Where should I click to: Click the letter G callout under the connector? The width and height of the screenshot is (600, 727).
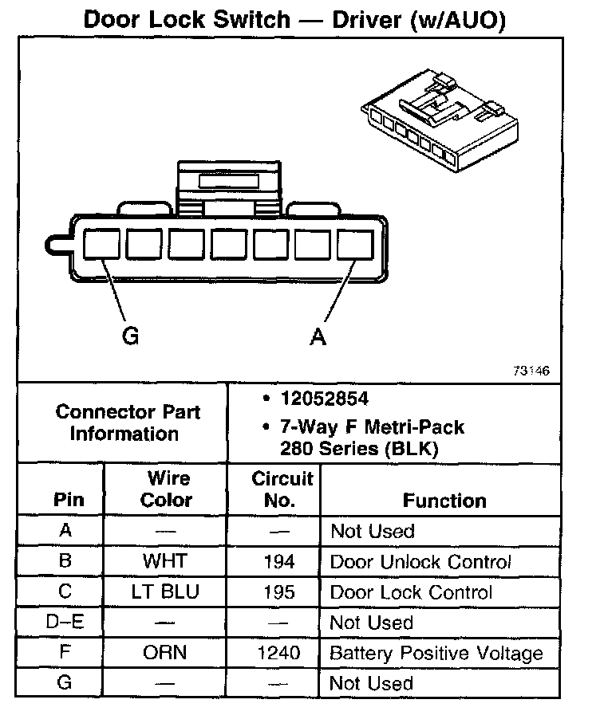130,336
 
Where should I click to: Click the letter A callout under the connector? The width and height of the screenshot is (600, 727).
318,337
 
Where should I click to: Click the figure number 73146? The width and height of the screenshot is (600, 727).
531,372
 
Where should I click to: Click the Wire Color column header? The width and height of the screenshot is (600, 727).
167,489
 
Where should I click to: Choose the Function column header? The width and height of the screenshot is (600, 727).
444,501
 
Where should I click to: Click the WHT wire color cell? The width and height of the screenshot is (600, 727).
164,561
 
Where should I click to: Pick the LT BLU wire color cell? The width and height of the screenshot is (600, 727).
164,592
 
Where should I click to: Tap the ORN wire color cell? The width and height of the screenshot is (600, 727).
164,653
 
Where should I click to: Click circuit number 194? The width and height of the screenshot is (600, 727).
278,562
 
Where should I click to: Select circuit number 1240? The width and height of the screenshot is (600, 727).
278,653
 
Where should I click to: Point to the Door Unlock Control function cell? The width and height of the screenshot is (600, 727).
420,562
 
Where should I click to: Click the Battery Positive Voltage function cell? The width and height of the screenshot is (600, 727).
436,654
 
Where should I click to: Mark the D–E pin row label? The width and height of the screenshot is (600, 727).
65,623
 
